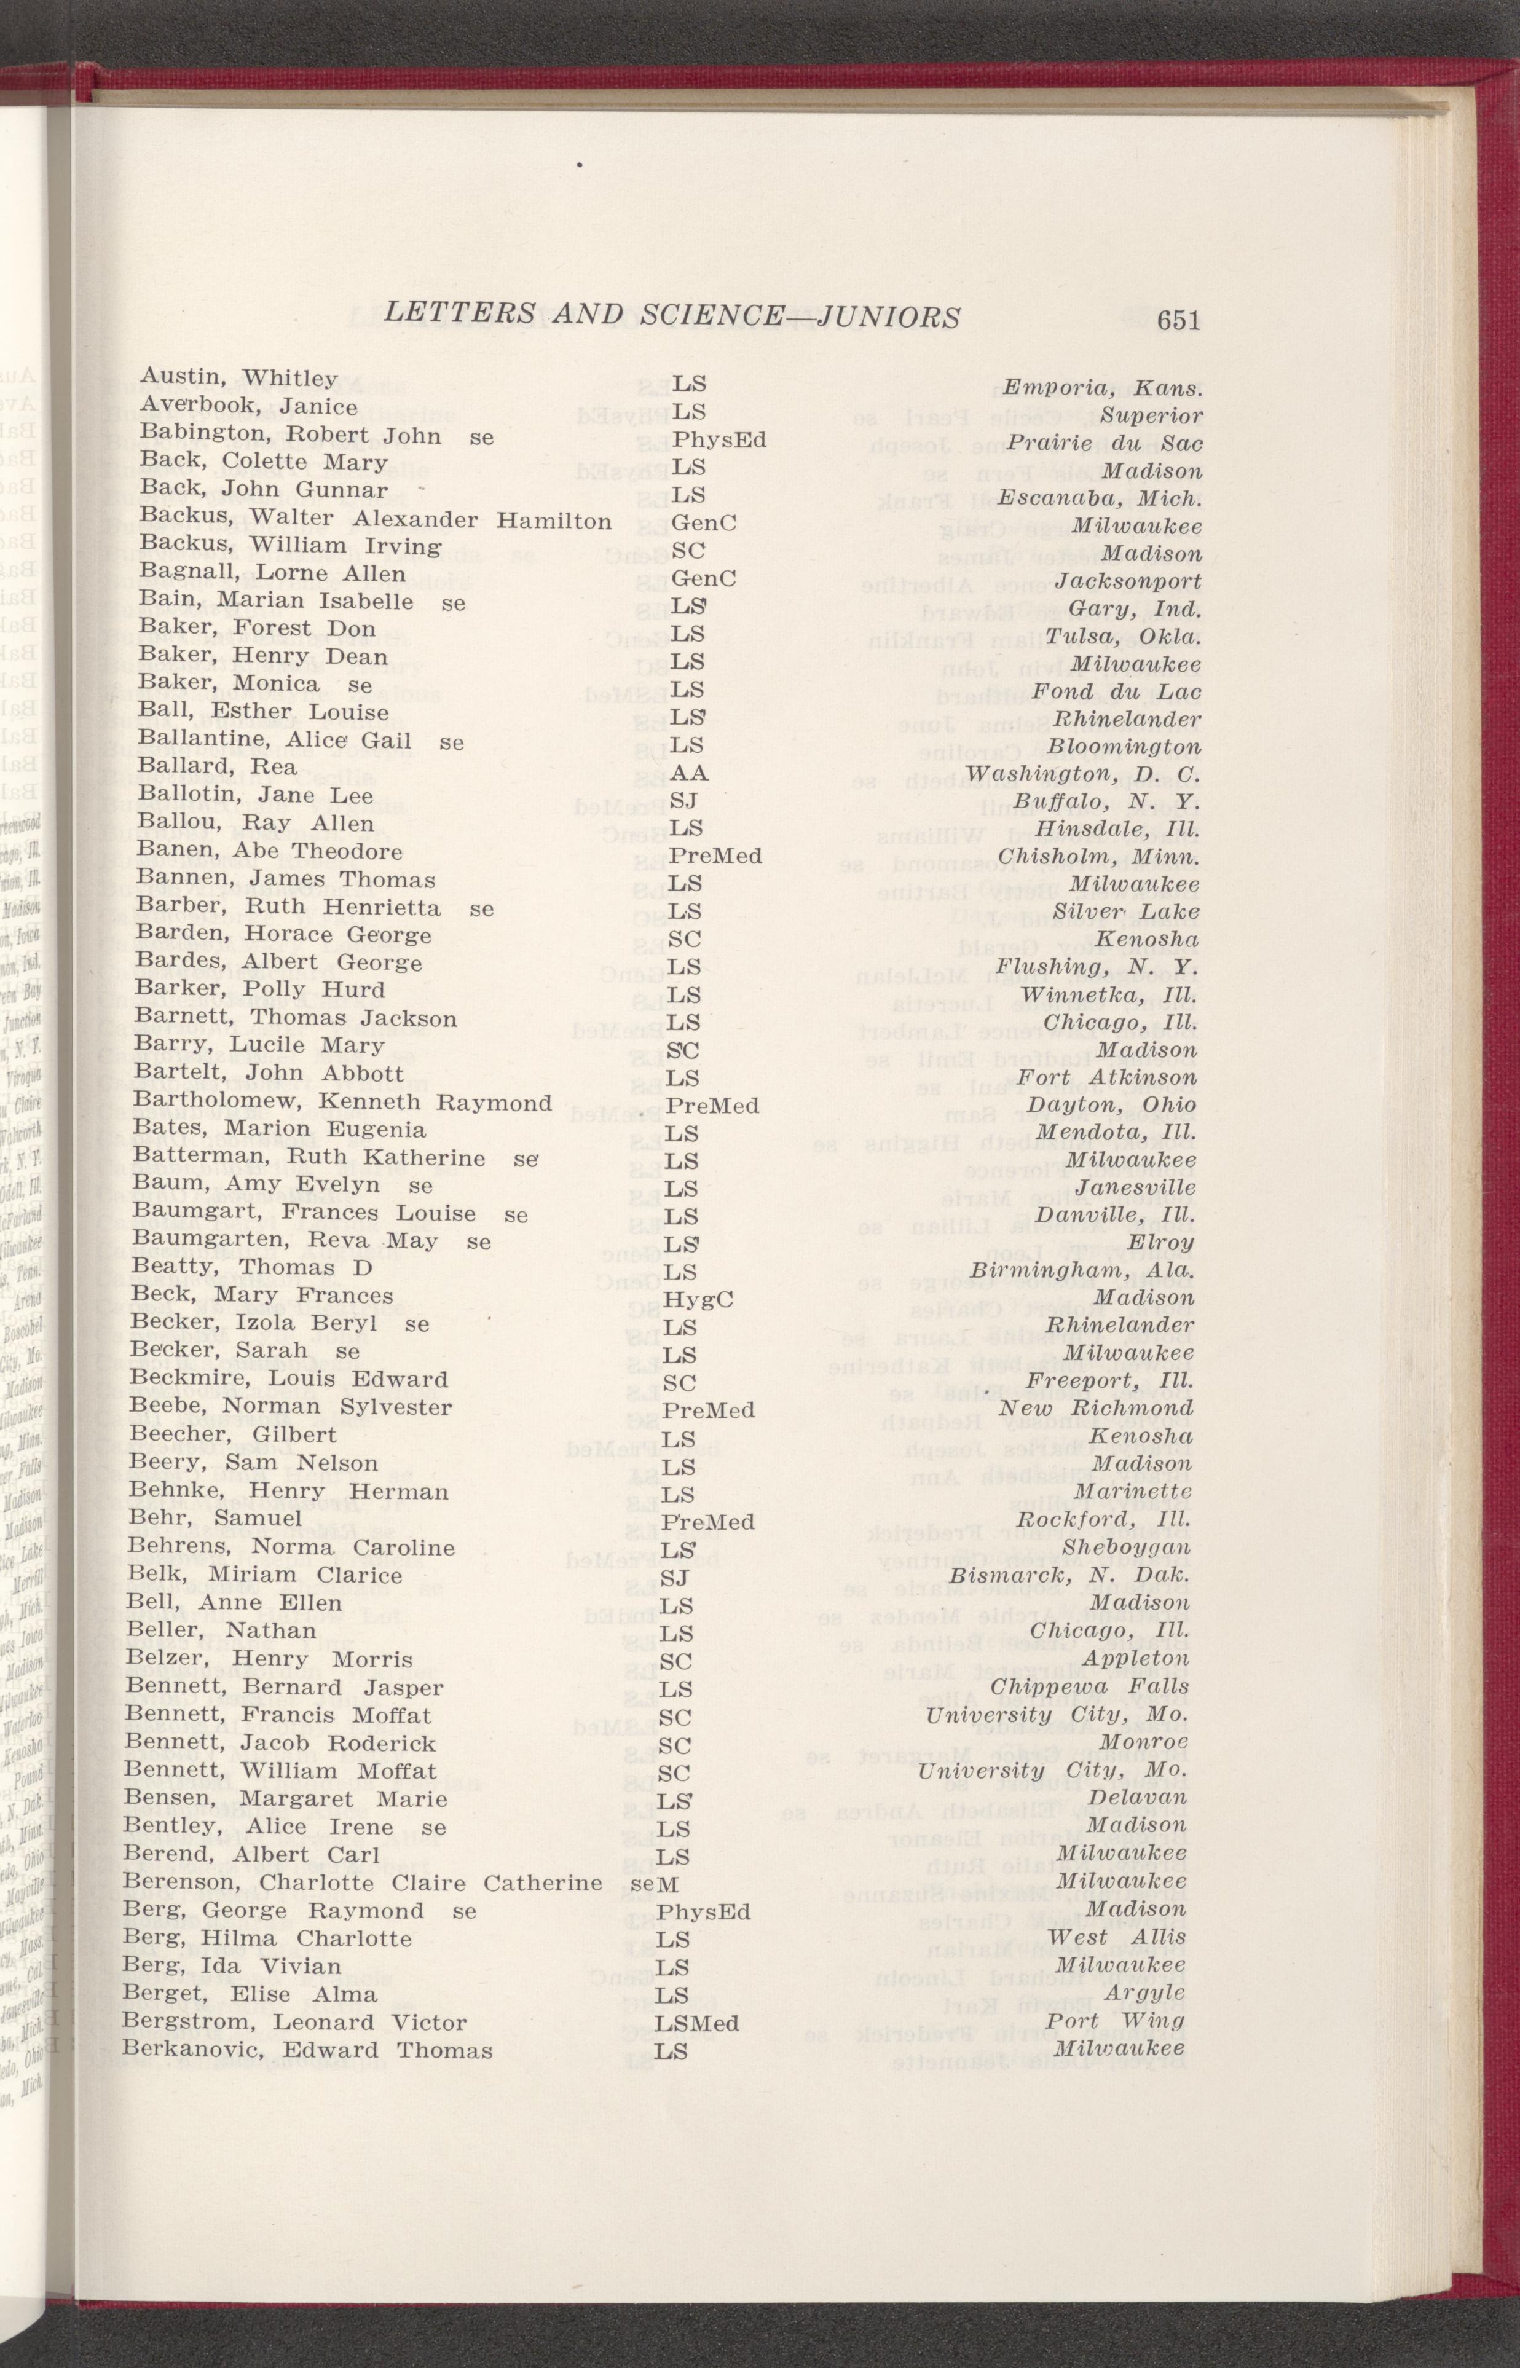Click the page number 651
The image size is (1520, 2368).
point(1178,319)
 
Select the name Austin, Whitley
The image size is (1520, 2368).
point(239,377)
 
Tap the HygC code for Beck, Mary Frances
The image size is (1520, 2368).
point(697,1299)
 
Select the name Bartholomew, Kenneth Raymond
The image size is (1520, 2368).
point(342,1102)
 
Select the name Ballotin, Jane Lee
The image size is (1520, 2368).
point(256,795)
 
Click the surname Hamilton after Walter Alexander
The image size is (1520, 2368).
point(554,521)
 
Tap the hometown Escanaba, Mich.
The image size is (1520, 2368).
point(1100,497)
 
